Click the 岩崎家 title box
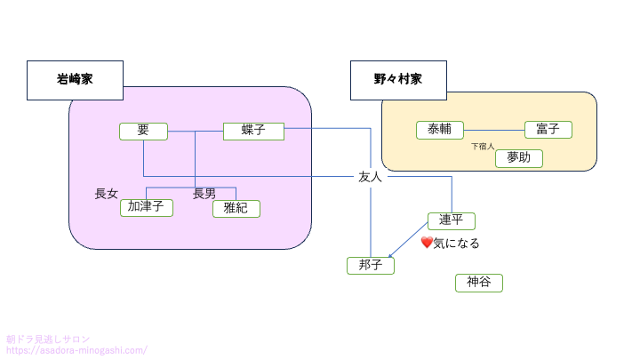coord(75,80)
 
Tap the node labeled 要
coord(143,131)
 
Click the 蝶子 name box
coord(252,131)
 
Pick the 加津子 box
coord(146,207)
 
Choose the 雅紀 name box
coord(236,208)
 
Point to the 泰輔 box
coord(440,130)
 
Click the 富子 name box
coord(548,130)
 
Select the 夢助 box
coord(518,158)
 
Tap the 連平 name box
coord(452,220)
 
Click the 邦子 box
coord(370,265)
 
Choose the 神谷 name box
coord(479,283)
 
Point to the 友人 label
coord(370,177)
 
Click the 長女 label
coord(107,193)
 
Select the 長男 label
coord(204,193)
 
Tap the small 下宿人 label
coord(483,145)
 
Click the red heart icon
coord(427,242)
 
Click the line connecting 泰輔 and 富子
coord(494,131)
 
